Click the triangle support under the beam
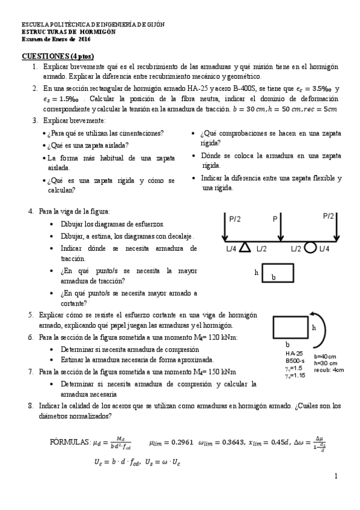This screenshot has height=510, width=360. point(245,247)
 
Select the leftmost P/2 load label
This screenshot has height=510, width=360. point(235,220)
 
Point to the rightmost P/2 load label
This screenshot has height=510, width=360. point(328,216)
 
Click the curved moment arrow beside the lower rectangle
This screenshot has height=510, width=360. point(325,328)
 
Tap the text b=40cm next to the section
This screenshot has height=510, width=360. point(326,356)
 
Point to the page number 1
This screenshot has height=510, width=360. point(336,476)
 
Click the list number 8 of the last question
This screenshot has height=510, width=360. point(30,406)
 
